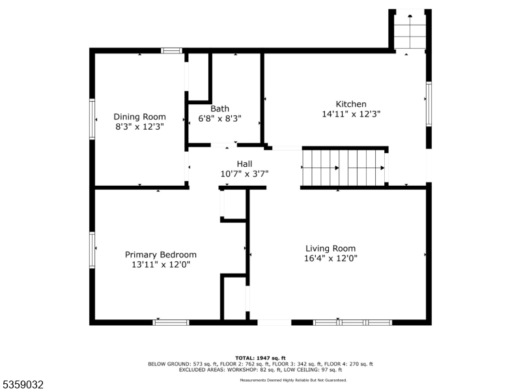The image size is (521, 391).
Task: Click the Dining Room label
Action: click(139, 117)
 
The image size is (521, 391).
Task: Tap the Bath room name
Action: click(219, 109)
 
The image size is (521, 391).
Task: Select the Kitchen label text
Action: click(351, 104)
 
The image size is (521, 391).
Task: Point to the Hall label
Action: click(244, 164)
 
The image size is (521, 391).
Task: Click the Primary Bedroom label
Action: click(161, 254)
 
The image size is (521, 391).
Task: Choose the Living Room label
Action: click(331, 248)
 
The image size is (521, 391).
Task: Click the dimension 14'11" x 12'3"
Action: click(351, 113)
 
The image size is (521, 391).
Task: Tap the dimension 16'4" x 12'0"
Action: click(331, 258)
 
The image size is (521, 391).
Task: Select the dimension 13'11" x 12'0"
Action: click(161, 265)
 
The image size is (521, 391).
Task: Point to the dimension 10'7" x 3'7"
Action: click(244, 173)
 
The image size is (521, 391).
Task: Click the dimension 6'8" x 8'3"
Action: click(219, 119)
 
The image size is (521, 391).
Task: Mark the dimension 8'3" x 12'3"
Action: click(139, 126)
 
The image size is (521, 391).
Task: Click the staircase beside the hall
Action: click(344, 167)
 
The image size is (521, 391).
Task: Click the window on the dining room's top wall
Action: click(172, 50)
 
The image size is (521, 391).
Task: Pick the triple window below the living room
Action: click(352, 322)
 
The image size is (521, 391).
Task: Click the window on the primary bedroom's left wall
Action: click(92, 250)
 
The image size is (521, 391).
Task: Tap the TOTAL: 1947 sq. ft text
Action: click(260, 358)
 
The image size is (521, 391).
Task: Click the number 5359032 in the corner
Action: click(23, 385)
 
